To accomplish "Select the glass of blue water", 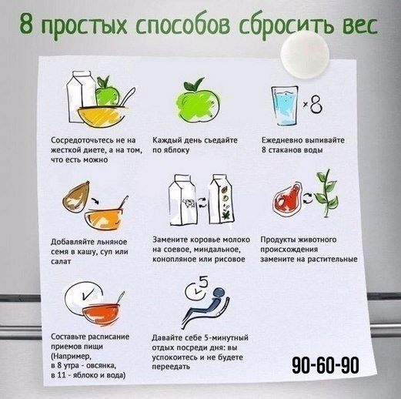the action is pos(285,106).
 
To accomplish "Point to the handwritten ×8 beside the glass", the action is pos(312,104).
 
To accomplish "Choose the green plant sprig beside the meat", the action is pos(326,194).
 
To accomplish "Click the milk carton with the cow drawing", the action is pos(183,199).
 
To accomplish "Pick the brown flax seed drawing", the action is pos(75,196).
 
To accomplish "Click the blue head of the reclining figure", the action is pos(219,293).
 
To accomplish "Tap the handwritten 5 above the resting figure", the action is pos(203,282).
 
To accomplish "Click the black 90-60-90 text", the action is pos(326,365).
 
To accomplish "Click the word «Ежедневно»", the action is pos(282,140).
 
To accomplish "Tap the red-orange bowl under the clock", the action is pos(101,313).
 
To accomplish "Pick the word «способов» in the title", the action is pos(182,25).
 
